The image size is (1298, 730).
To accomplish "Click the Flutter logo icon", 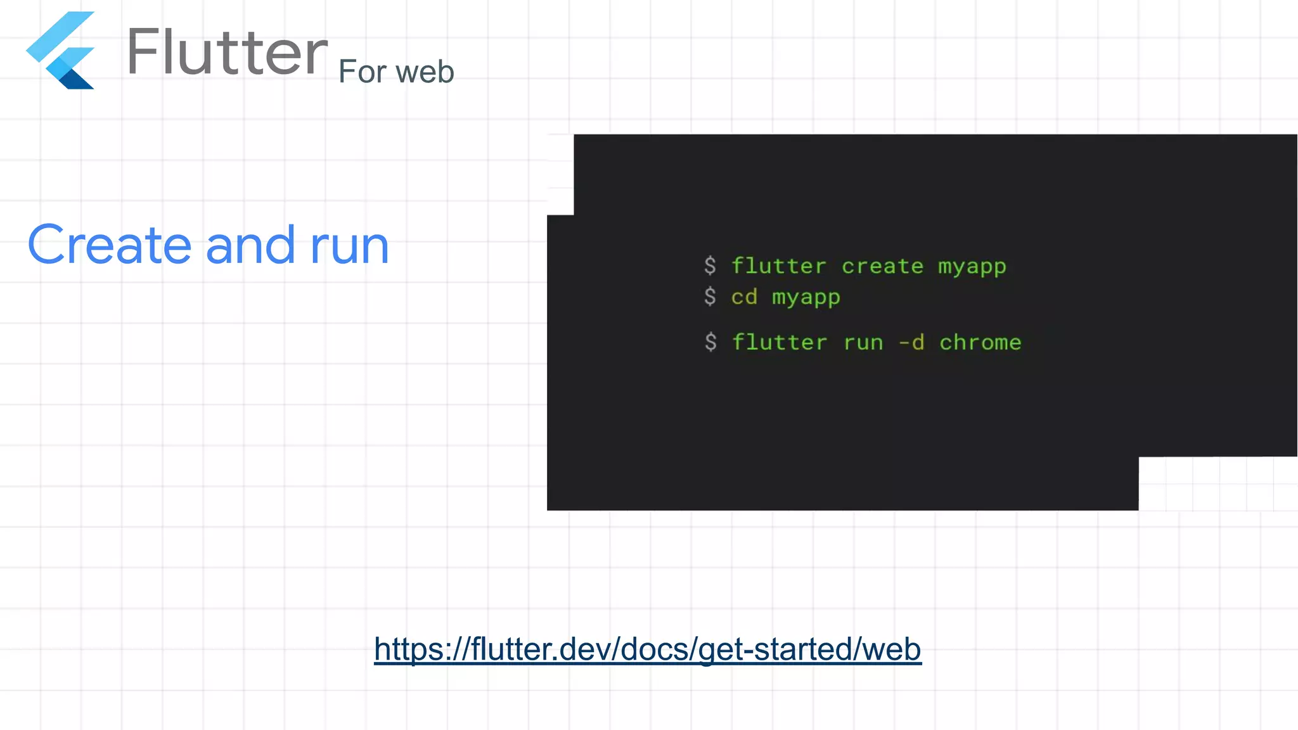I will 61,51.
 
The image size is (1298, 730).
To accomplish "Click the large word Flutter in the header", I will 227,52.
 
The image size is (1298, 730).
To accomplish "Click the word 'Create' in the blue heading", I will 110,245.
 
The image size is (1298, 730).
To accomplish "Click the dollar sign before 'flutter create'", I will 710,266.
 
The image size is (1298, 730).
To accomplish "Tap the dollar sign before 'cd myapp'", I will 710,297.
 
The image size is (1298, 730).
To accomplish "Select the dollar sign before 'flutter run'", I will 710,342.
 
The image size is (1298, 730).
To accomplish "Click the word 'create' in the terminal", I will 882,266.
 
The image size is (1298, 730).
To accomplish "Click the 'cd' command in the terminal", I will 744,297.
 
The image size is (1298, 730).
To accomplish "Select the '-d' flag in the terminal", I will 911,342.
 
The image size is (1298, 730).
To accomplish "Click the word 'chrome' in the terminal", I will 980,342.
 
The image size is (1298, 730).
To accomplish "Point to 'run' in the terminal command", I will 863,343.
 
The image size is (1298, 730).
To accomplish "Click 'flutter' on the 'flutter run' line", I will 780,342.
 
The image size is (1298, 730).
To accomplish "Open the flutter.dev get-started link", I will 647,649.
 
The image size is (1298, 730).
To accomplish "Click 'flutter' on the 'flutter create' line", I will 779,266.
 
